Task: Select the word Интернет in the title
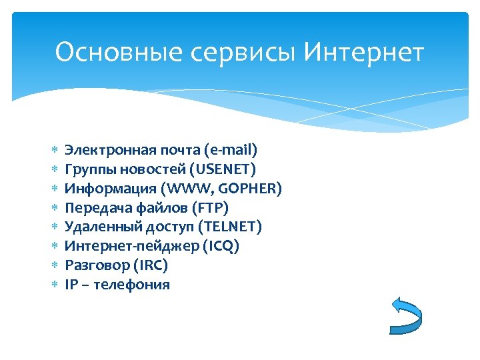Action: click(x=363, y=52)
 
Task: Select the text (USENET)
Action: click(x=223, y=169)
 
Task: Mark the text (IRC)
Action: click(x=150, y=265)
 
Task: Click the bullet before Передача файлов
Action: click(x=55, y=208)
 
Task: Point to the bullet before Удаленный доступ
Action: click(x=55, y=227)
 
